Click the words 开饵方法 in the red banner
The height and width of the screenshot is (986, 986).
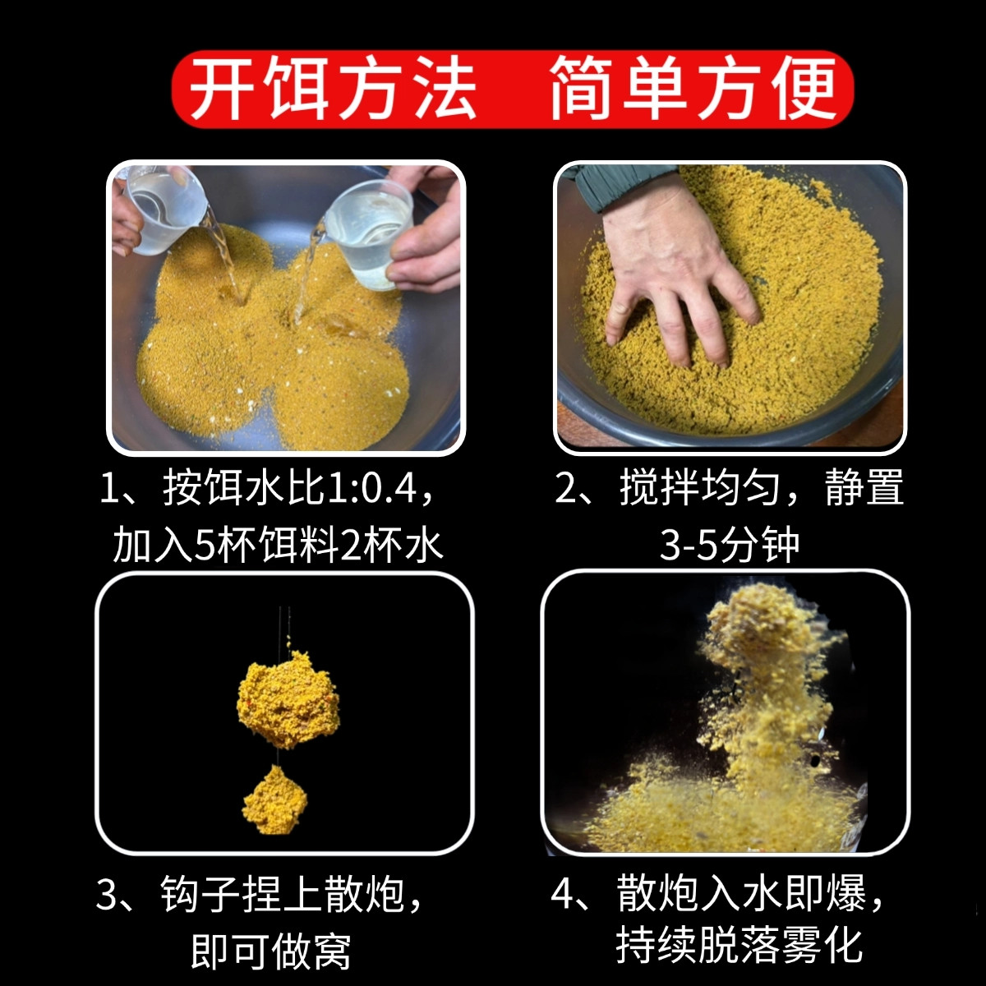click(x=333, y=89)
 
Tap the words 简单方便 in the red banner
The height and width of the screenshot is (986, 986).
click(x=693, y=89)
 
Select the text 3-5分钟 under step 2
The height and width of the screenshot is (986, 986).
click(x=729, y=545)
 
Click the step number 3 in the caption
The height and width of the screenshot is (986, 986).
click(x=108, y=895)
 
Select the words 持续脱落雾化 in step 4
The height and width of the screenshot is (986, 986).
click(x=739, y=945)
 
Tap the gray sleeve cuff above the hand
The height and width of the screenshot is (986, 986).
click(x=616, y=185)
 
